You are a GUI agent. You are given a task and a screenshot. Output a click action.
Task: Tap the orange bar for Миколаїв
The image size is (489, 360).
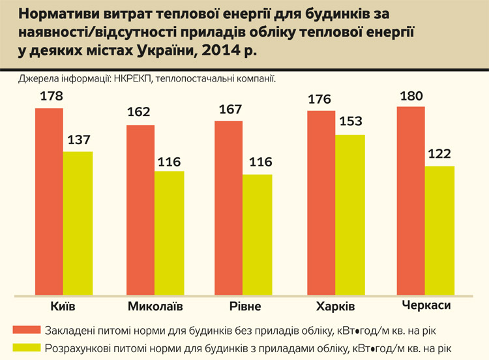[x=140, y=209]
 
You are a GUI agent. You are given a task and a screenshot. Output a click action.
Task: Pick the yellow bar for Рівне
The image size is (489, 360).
[x=257, y=234]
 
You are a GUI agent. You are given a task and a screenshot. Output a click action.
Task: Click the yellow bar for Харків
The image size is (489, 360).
[x=351, y=215]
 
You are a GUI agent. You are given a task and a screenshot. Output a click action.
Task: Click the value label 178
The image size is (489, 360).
[x=51, y=97]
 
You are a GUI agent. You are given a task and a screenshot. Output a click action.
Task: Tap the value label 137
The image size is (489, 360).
[x=78, y=140]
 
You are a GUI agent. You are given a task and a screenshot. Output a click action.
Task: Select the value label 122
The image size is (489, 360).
[x=439, y=155]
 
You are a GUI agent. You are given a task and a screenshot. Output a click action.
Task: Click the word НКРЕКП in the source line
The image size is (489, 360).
[x=134, y=78]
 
